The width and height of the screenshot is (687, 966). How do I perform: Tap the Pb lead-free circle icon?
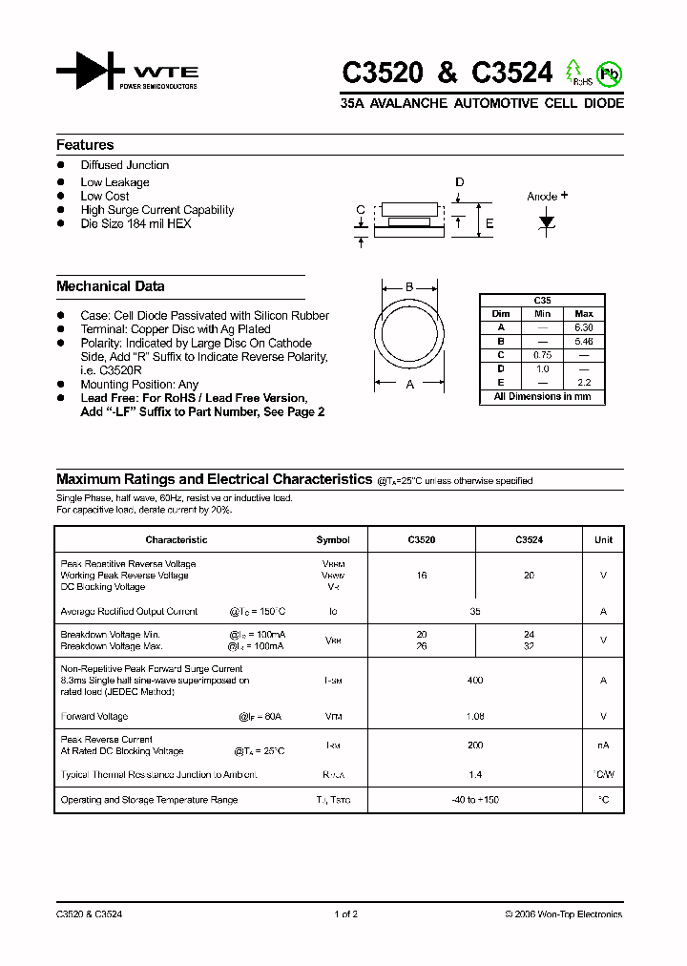608,73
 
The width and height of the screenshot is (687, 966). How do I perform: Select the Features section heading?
85,145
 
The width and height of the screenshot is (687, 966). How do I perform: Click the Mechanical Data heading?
110,286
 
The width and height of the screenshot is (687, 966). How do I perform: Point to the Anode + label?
547,197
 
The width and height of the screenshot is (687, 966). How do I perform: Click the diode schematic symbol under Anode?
547,221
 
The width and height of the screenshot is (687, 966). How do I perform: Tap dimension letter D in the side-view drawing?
459,182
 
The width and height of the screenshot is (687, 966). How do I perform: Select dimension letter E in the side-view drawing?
489,224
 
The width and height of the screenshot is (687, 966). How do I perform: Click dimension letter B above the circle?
409,287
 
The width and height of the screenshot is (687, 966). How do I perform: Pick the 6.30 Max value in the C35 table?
584,327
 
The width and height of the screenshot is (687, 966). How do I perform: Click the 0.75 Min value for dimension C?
542,354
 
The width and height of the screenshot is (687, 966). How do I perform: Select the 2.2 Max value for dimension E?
584,381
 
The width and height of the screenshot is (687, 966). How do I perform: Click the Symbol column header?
333,540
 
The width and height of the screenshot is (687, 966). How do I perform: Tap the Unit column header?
603,540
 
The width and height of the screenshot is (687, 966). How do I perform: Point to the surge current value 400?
475,681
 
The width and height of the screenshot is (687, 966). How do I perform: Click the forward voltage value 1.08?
475,716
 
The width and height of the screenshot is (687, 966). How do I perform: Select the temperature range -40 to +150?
475,800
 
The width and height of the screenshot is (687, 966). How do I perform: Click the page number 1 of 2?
345,914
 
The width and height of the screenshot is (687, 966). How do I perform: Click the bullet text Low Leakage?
114,182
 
